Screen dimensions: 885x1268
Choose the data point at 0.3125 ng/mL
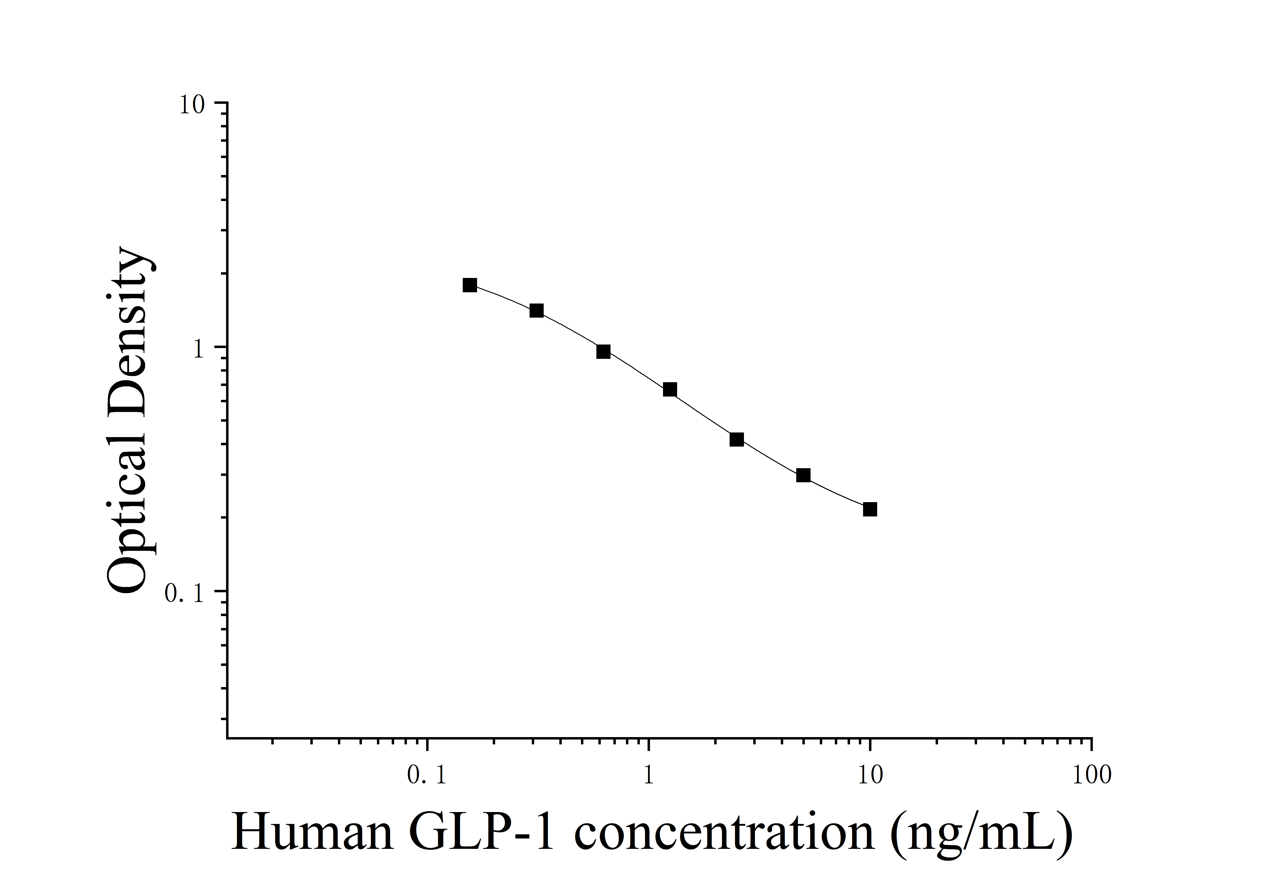[536, 311]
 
